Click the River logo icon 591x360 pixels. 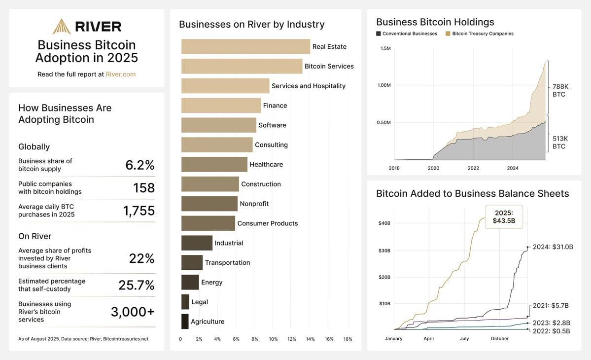coord(62,26)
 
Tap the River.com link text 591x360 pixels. coord(120,74)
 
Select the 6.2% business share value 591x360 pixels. coord(139,165)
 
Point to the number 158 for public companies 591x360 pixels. coord(144,188)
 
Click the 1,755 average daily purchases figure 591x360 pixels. coord(139,211)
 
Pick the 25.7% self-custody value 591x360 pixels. coord(136,286)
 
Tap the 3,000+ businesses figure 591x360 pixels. coord(132,312)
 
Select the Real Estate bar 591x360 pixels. coord(245,47)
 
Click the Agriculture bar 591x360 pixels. coord(185,322)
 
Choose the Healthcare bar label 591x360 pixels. coord(266,164)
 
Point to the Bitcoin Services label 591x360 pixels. coord(329,66)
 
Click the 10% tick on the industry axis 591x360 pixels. coord(273,339)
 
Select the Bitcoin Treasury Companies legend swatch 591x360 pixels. coord(448,34)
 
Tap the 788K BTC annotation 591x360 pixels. coord(559,90)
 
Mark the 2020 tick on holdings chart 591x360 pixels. coord(433,168)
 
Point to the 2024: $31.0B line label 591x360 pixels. coord(553,247)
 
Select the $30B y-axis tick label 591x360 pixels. coord(384,251)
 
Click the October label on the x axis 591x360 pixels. coord(499,339)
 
